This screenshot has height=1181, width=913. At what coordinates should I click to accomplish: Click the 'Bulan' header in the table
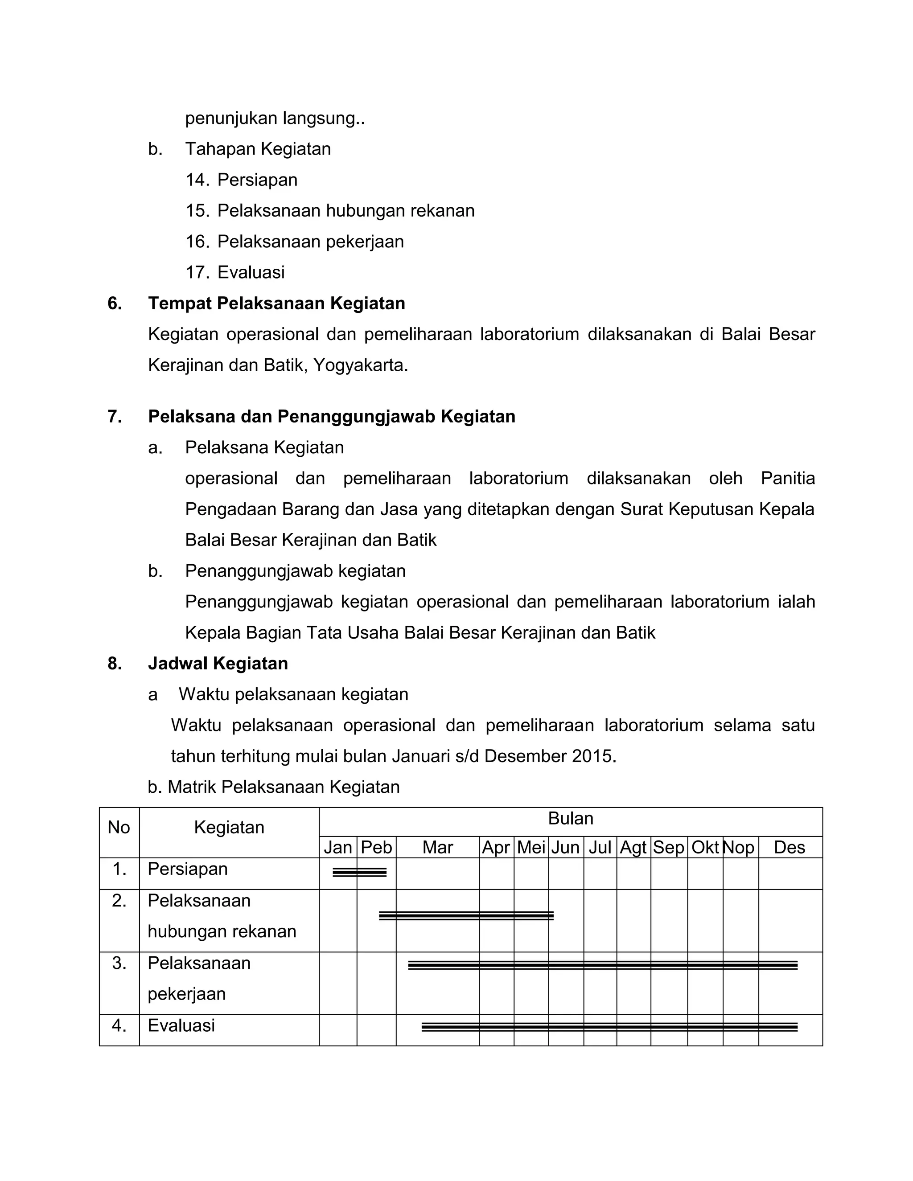click(x=570, y=819)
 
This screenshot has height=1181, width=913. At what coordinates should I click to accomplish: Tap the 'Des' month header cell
click(x=789, y=847)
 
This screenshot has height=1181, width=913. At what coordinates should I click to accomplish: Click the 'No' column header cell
click(x=119, y=827)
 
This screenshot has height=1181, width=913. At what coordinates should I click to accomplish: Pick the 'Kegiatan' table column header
click(x=229, y=827)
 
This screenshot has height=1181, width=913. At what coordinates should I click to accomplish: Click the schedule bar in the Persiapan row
click(x=359, y=872)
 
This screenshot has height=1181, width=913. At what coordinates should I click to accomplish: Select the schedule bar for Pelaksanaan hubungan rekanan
click(x=466, y=915)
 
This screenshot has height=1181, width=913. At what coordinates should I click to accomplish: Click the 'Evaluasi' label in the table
click(x=181, y=1025)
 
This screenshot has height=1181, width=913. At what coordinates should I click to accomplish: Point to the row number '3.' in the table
click(x=119, y=963)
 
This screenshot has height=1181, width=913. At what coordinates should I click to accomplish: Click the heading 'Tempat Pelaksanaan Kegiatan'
click(x=276, y=303)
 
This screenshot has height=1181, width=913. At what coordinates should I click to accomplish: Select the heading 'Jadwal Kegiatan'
click(x=218, y=664)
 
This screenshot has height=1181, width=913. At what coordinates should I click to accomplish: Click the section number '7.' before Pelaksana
click(x=115, y=416)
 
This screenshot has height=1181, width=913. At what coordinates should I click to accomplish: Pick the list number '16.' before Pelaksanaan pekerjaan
click(x=197, y=242)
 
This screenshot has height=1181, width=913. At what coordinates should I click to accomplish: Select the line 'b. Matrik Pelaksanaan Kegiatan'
click(x=274, y=787)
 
